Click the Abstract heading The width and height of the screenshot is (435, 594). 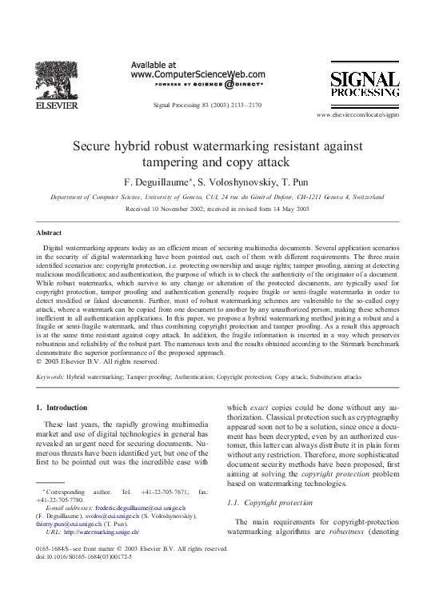coord(51,231)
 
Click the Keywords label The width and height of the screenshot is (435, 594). coord(50,374)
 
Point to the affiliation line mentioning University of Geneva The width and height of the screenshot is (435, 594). coord(217,194)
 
